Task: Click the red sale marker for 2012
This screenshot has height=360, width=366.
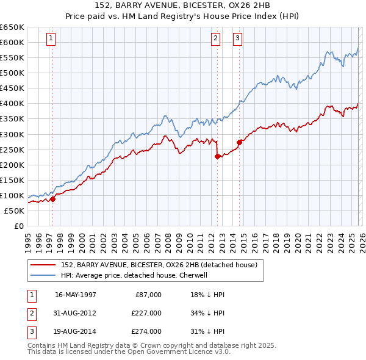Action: tap(218, 156)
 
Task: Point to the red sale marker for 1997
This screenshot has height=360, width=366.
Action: tap(53, 198)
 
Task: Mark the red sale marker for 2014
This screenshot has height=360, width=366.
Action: tap(239, 142)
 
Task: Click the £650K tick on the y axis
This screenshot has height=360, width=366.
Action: tap(12, 27)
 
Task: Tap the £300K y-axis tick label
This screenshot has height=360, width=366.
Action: tap(12, 134)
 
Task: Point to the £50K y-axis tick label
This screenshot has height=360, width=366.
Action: tap(14, 211)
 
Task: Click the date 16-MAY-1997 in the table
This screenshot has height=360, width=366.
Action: tap(76, 295)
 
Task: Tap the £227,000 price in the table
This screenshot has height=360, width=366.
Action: tap(146, 313)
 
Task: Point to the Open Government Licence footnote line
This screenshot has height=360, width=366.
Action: tap(129, 352)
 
